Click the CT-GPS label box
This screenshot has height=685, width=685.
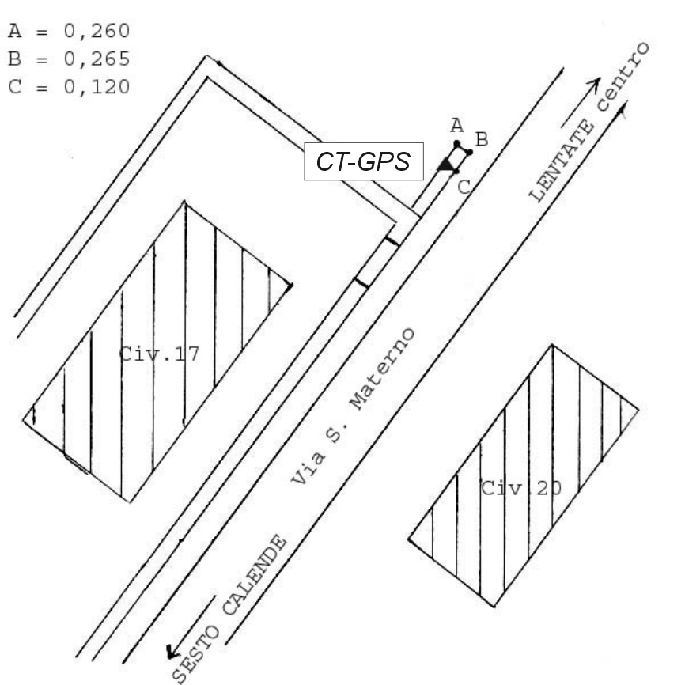pyautogui.click(x=364, y=161)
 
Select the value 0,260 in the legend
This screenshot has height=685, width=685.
pyautogui.click(x=97, y=32)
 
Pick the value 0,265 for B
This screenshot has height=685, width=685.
pyautogui.click(x=97, y=59)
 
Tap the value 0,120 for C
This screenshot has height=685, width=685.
pyautogui.click(x=97, y=87)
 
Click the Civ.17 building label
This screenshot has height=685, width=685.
pyautogui.click(x=160, y=354)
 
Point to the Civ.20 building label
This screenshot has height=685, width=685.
pyautogui.click(x=521, y=488)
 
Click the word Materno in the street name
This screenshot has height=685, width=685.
pyautogui.click(x=383, y=369)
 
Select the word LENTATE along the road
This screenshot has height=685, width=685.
pyautogui.click(x=562, y=161)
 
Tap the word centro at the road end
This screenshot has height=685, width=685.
pyautogui.click(x=623, y=77)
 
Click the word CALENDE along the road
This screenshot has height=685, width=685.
pyautogui.click(x=255, y=575)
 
